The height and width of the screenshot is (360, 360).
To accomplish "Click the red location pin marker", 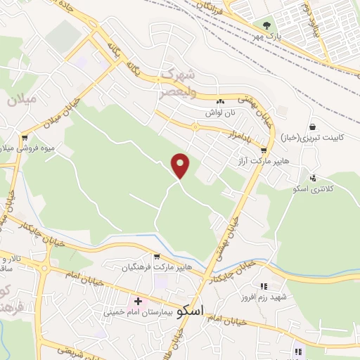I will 181,166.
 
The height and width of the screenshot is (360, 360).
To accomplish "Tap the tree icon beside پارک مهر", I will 265,25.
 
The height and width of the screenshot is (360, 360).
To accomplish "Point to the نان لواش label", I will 219,112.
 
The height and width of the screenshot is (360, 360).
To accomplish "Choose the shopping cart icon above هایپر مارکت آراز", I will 264,150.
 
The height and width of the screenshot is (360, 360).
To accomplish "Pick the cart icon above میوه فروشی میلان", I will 25,137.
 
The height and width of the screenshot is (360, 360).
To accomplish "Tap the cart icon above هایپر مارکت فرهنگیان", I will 157,257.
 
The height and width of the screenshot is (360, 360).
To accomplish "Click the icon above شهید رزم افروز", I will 264,286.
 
